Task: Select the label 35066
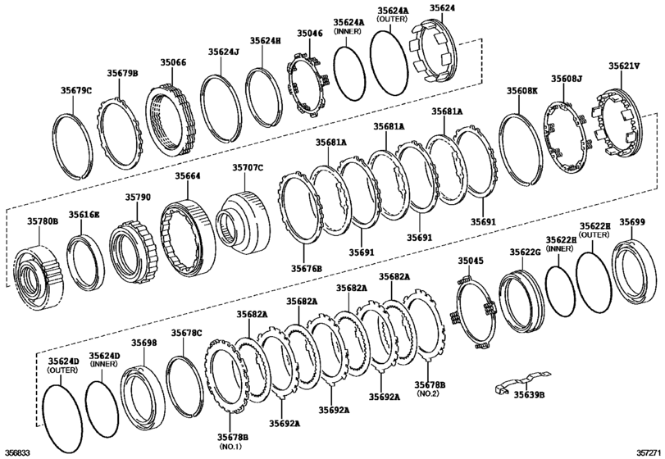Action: point(173,61)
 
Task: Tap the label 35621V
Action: point(625,65)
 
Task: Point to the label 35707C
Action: point(247,167)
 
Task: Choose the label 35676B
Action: point(305,268)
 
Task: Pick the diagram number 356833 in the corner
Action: point(17,452)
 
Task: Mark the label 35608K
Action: point(522,91)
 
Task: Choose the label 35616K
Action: point(84,215)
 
